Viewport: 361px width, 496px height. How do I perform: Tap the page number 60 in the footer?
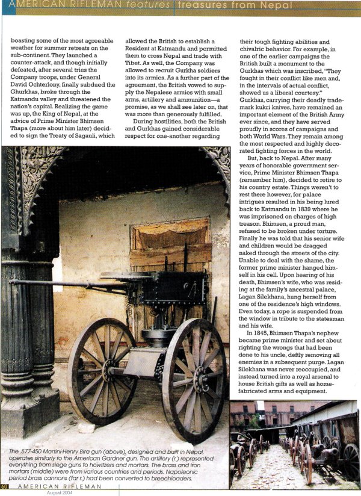(4, 486)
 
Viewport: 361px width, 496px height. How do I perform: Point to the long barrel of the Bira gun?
(60, 282)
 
